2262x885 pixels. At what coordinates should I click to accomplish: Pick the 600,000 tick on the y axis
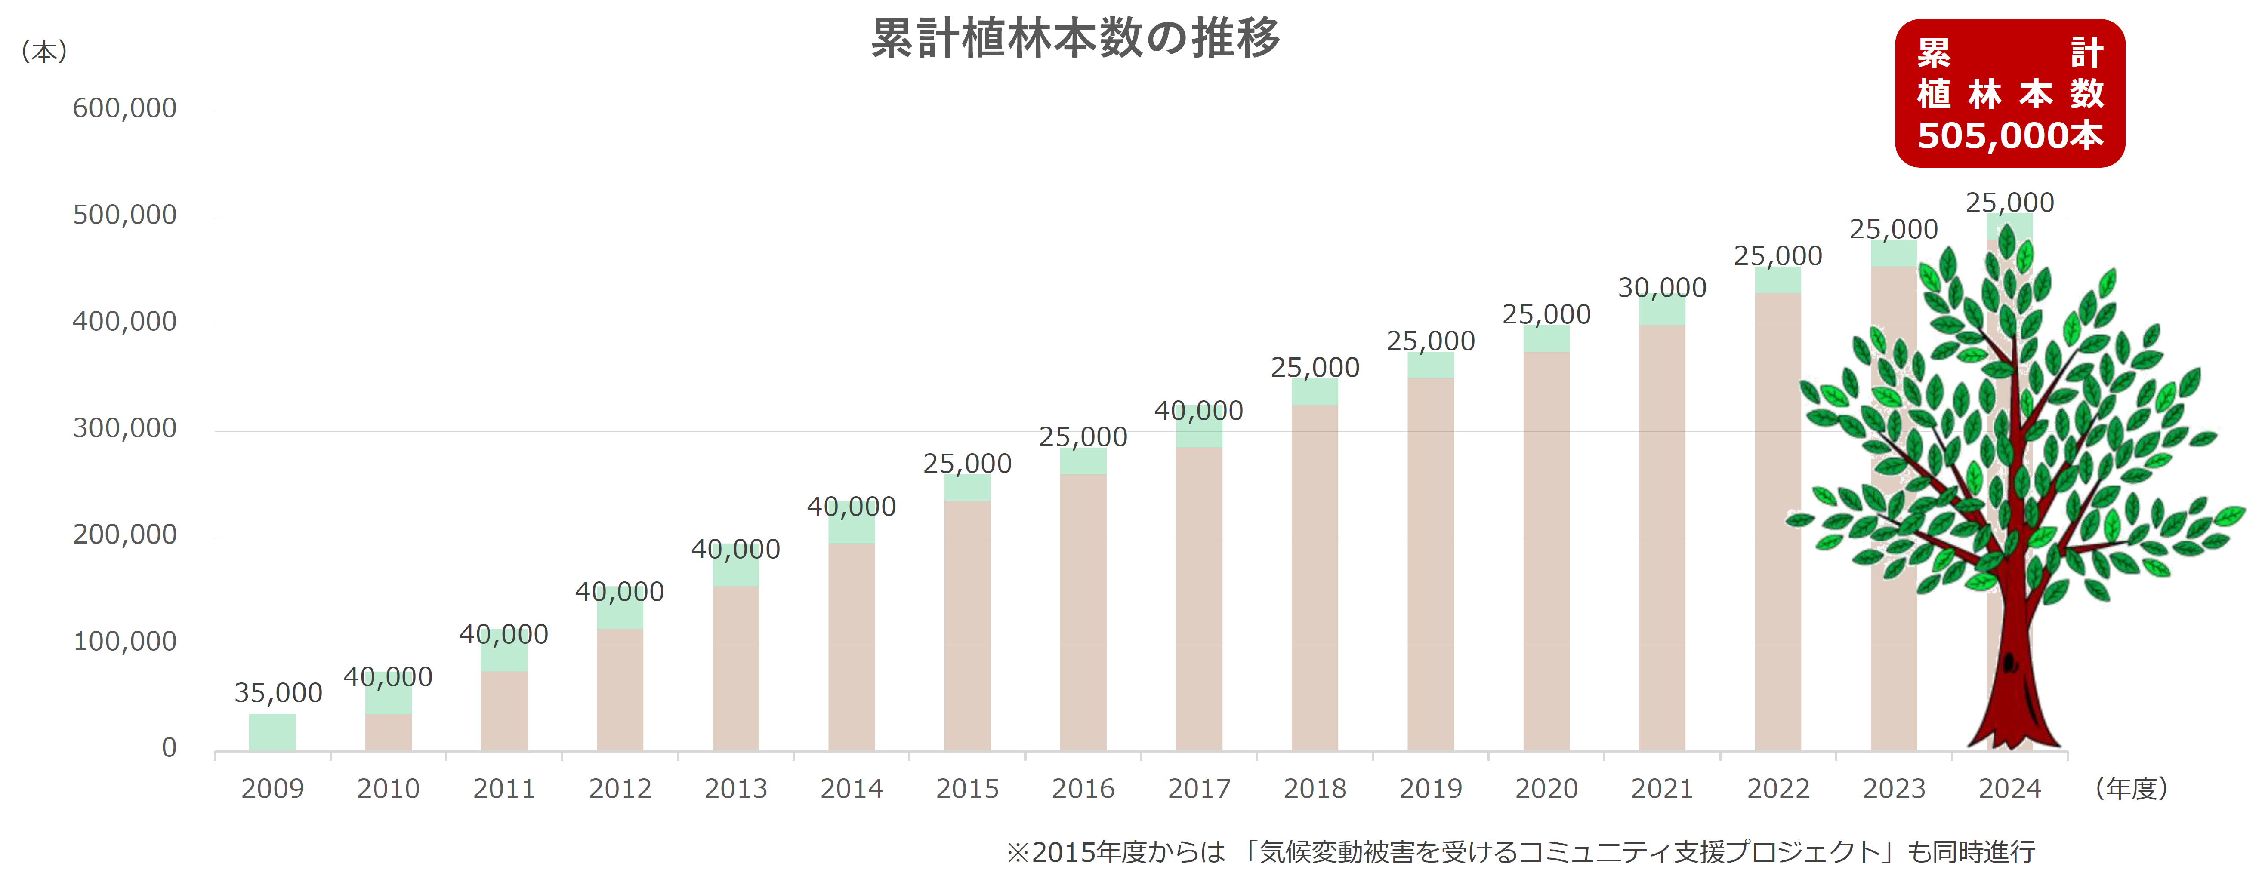tap(125, 109)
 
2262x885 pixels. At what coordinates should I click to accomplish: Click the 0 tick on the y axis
tap(169, 748)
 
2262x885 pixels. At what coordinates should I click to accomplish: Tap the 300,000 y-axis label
tap(125, 428)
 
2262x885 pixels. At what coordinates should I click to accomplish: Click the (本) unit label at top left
tap(44, 52)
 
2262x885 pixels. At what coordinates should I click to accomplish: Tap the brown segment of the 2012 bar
tap(620, 689)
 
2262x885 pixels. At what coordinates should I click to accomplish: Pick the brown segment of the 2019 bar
tap(1430, 562)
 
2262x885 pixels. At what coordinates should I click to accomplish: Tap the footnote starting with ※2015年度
tap(1519, 851)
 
